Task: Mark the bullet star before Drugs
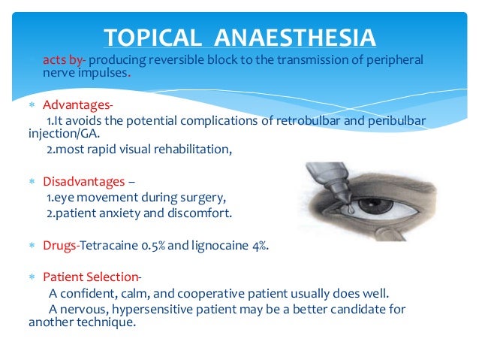pyautogui.click(x=32, y=247)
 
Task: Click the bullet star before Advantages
pyautogui.click(x=32, y=104)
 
